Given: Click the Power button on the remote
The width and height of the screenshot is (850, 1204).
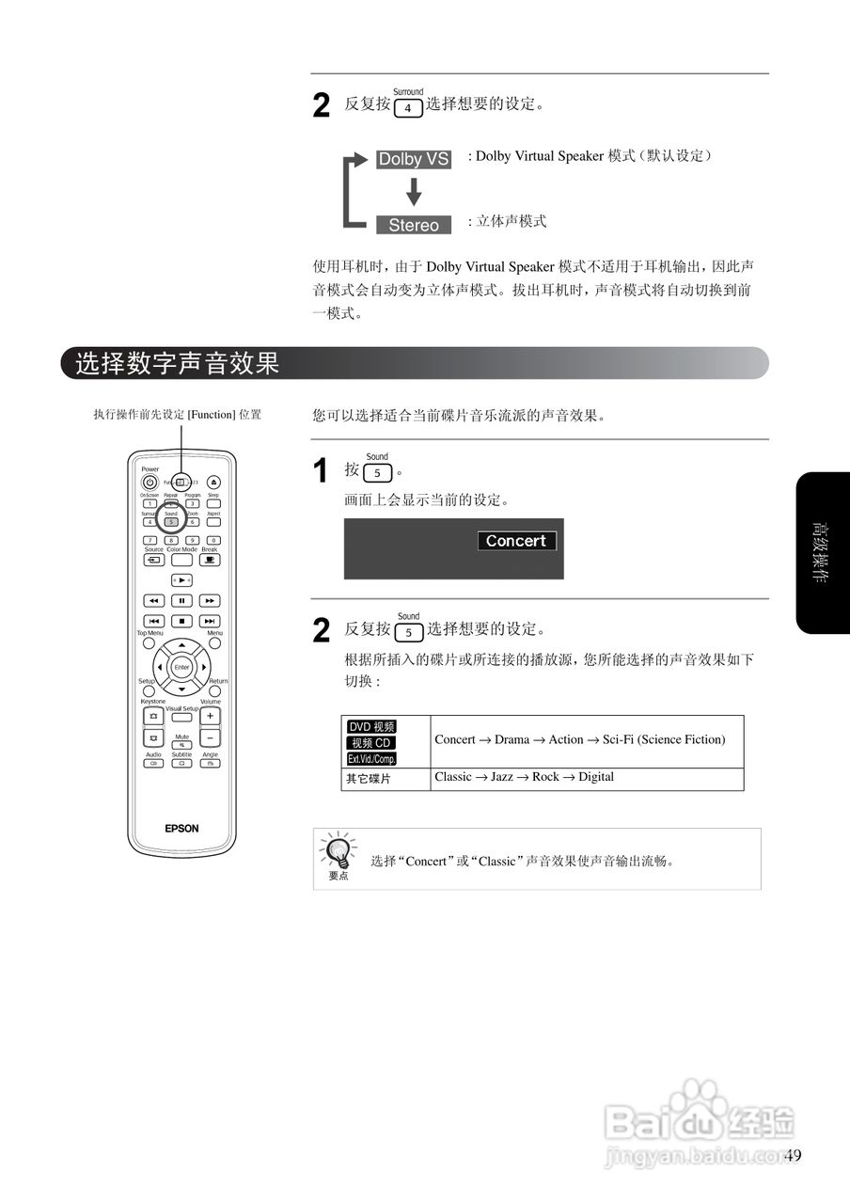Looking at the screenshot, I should pyautogui.click(x=150, y=483).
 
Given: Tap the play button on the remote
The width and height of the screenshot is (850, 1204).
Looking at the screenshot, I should pyautogui.click(x=181, y=579).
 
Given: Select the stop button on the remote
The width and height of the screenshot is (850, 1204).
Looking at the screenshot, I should pyautogui.click(x=181, y=621).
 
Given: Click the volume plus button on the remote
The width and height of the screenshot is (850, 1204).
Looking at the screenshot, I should pyautogui.click(x=210, y=716).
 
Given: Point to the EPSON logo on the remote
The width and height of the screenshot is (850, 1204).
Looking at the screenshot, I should pyautogui.click(x=181, y=829).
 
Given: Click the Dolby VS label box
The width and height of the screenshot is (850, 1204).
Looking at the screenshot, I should pyautogui.click(x=414, y=159).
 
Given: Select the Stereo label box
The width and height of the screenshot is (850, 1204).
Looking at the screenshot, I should pyautogui.click(x=414, y=225).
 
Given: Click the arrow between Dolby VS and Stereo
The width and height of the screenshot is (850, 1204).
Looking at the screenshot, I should pyautogui.click(x=414, y=193).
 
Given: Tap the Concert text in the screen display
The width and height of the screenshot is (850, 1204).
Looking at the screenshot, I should pyautogui.click(x=516, y=541).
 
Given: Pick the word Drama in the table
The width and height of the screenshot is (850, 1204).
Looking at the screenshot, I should pyautogui.click(x=512, y=739).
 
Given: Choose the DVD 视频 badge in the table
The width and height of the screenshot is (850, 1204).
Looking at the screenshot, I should pyautogui.click(x=371, y=726).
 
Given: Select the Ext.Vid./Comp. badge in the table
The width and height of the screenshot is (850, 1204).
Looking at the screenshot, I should pyautogui.click(x=371, y=758).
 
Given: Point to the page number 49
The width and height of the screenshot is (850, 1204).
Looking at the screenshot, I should pyautogui.click(x=792, y=1156).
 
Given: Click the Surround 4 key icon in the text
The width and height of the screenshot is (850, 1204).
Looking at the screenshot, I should pyautogui.click(x=408, y=108).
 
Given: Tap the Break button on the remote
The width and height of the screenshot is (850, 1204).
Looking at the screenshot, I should pyautogui.click(x=210, y=559).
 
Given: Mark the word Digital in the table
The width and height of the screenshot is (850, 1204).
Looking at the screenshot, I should pyautogui.click(x=595, y=777).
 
